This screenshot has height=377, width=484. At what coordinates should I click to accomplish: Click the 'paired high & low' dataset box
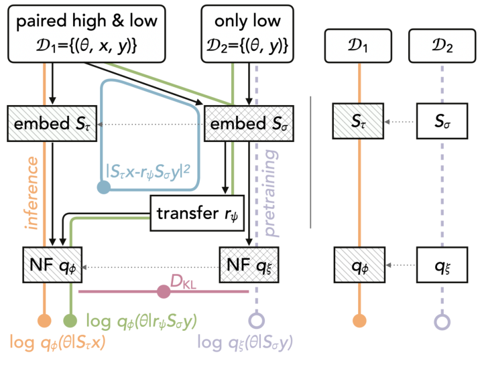tap(86, 33)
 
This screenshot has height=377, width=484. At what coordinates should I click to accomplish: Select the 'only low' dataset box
tap(247, 33)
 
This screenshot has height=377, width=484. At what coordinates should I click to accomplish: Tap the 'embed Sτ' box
tap(52, 124)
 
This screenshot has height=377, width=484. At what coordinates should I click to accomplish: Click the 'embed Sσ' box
tap(249, 124)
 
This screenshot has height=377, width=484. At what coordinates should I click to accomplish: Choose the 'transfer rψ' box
tap(197, 213)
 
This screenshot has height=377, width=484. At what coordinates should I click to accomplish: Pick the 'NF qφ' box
tap(52, 265)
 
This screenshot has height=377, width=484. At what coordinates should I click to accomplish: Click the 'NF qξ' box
tap(249, 265)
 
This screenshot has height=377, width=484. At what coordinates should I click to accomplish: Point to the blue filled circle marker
tap(104, 187)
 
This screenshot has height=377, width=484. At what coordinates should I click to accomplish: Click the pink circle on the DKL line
tap(164, 291)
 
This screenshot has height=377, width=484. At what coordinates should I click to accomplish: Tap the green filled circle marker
tap(70, 321)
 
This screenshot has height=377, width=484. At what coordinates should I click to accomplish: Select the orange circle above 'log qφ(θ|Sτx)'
tap(44, 321)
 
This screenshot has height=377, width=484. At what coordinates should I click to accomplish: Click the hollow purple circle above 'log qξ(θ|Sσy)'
tap(257, 321)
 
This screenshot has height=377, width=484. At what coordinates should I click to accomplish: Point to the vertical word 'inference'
tap(32, 193)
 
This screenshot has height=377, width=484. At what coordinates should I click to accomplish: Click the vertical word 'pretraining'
tap(271, 194)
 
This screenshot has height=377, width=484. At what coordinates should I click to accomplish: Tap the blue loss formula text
tap(148, 171)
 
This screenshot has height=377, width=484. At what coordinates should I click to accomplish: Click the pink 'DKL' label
tap(183, 282)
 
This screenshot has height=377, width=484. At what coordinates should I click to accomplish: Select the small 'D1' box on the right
tap(358, 46)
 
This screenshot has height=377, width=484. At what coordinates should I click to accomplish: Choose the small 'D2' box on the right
tap(442, 46)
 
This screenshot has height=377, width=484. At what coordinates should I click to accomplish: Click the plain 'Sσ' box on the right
tap(442, 121)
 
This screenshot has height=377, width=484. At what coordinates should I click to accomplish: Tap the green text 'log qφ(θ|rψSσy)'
tap(141, 321)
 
